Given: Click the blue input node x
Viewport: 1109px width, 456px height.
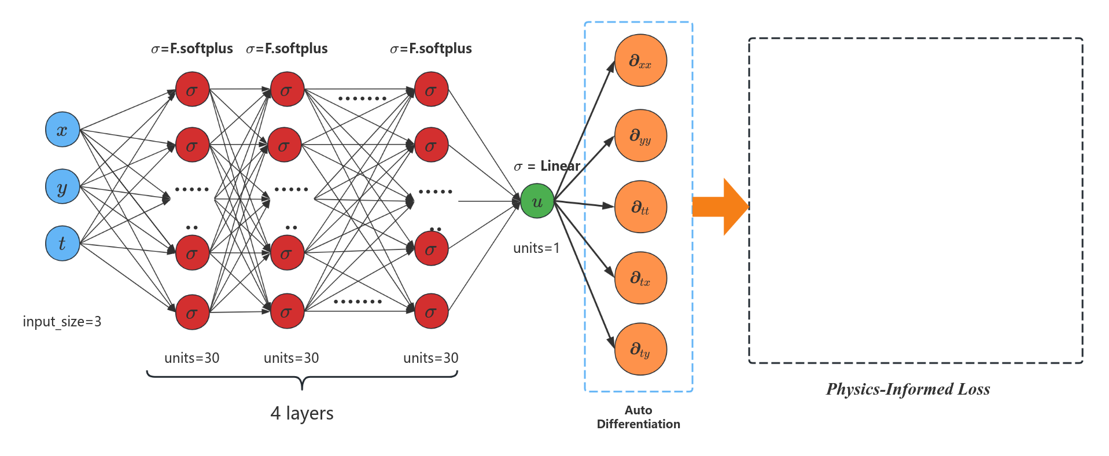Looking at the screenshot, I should coord(62,130).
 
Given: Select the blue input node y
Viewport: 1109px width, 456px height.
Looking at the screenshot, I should coord(62,186).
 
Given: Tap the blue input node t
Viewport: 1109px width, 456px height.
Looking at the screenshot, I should coord(62,244).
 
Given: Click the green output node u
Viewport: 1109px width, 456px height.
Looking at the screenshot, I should coord(537,201).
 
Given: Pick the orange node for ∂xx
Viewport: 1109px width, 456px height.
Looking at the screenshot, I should coord(640,60).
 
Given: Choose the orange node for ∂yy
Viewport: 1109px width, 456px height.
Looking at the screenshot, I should coord(640,135).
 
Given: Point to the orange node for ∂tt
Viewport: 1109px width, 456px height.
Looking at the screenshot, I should coord(640,207).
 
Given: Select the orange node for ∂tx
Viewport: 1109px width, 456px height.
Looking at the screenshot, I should coord(640,278).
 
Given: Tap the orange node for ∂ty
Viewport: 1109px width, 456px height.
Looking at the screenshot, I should coord(640,349).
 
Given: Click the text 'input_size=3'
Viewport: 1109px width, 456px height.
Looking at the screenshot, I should coord(62,321).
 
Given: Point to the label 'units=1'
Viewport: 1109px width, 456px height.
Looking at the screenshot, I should coord(536,248).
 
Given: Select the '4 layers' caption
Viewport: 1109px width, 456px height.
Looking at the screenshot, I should coord(302,413).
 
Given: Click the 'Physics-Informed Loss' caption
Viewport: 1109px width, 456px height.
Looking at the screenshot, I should coord(908,389).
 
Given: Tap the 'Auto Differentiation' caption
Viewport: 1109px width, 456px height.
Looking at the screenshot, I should coord(638,417).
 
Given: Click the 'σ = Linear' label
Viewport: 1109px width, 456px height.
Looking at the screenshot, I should coord(547,166).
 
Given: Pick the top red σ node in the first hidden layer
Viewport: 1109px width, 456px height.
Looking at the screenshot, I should coord(192,90).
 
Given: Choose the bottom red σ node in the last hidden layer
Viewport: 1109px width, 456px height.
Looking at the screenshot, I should coord(432,312).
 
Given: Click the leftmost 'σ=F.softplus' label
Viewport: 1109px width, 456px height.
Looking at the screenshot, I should coord(192,49).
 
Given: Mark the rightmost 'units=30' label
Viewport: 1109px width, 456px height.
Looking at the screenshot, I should coord(430,358).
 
